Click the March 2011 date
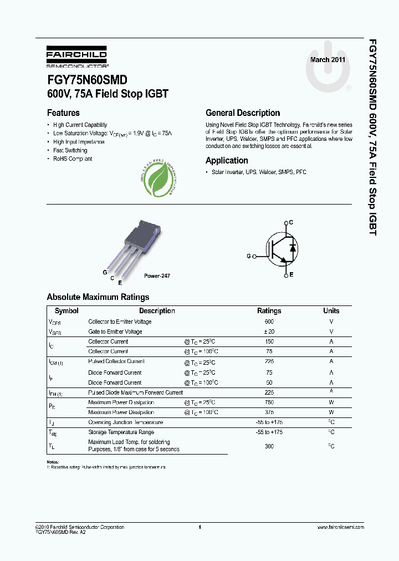tap(328, 59)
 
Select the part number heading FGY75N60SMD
tap(87, 80)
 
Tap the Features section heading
tap(63, 113)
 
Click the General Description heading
tap(243, 113)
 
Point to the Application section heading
tap(227, 160)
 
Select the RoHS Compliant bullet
tap(73, 159)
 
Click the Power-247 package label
tap(157, 276)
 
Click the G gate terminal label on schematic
tap(249, 256)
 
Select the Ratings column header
tap(269, 311)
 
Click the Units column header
tap(331, 311)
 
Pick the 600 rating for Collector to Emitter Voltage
tap(269, 322)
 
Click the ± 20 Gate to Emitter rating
tap(269, 331)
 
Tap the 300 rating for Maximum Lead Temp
tap(269, 446)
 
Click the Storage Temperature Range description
tap(121, 432)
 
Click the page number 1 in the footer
tap(199, 527)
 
